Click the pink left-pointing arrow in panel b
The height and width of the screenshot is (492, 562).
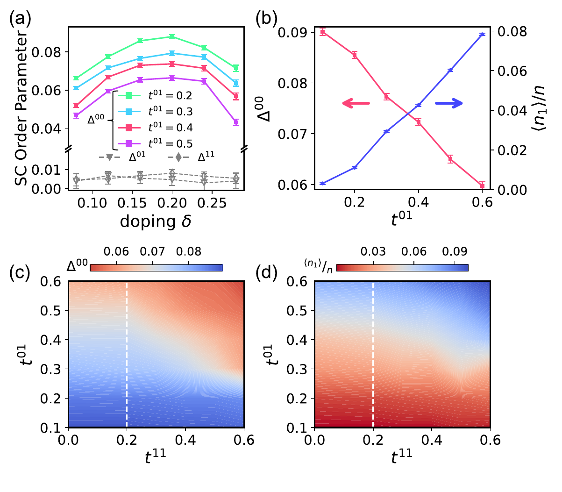(356, 103)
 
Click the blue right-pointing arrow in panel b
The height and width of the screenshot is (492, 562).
(449, 103)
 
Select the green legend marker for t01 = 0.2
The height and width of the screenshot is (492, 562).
(127, 96)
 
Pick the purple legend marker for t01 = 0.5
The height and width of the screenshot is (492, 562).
(127, 143)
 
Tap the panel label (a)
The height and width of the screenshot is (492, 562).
(20, 20)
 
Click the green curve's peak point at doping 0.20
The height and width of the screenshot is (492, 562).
(172, 36)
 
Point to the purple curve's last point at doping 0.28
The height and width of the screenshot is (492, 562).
(236, 122)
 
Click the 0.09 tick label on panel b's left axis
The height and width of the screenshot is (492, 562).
(292, 33)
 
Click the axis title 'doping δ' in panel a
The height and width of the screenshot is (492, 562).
(156, 221)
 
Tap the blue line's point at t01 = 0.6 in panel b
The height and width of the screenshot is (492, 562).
(482, 35)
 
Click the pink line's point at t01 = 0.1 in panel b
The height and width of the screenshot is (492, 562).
(322, 32)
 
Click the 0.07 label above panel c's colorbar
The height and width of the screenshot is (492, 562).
(153, 252)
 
